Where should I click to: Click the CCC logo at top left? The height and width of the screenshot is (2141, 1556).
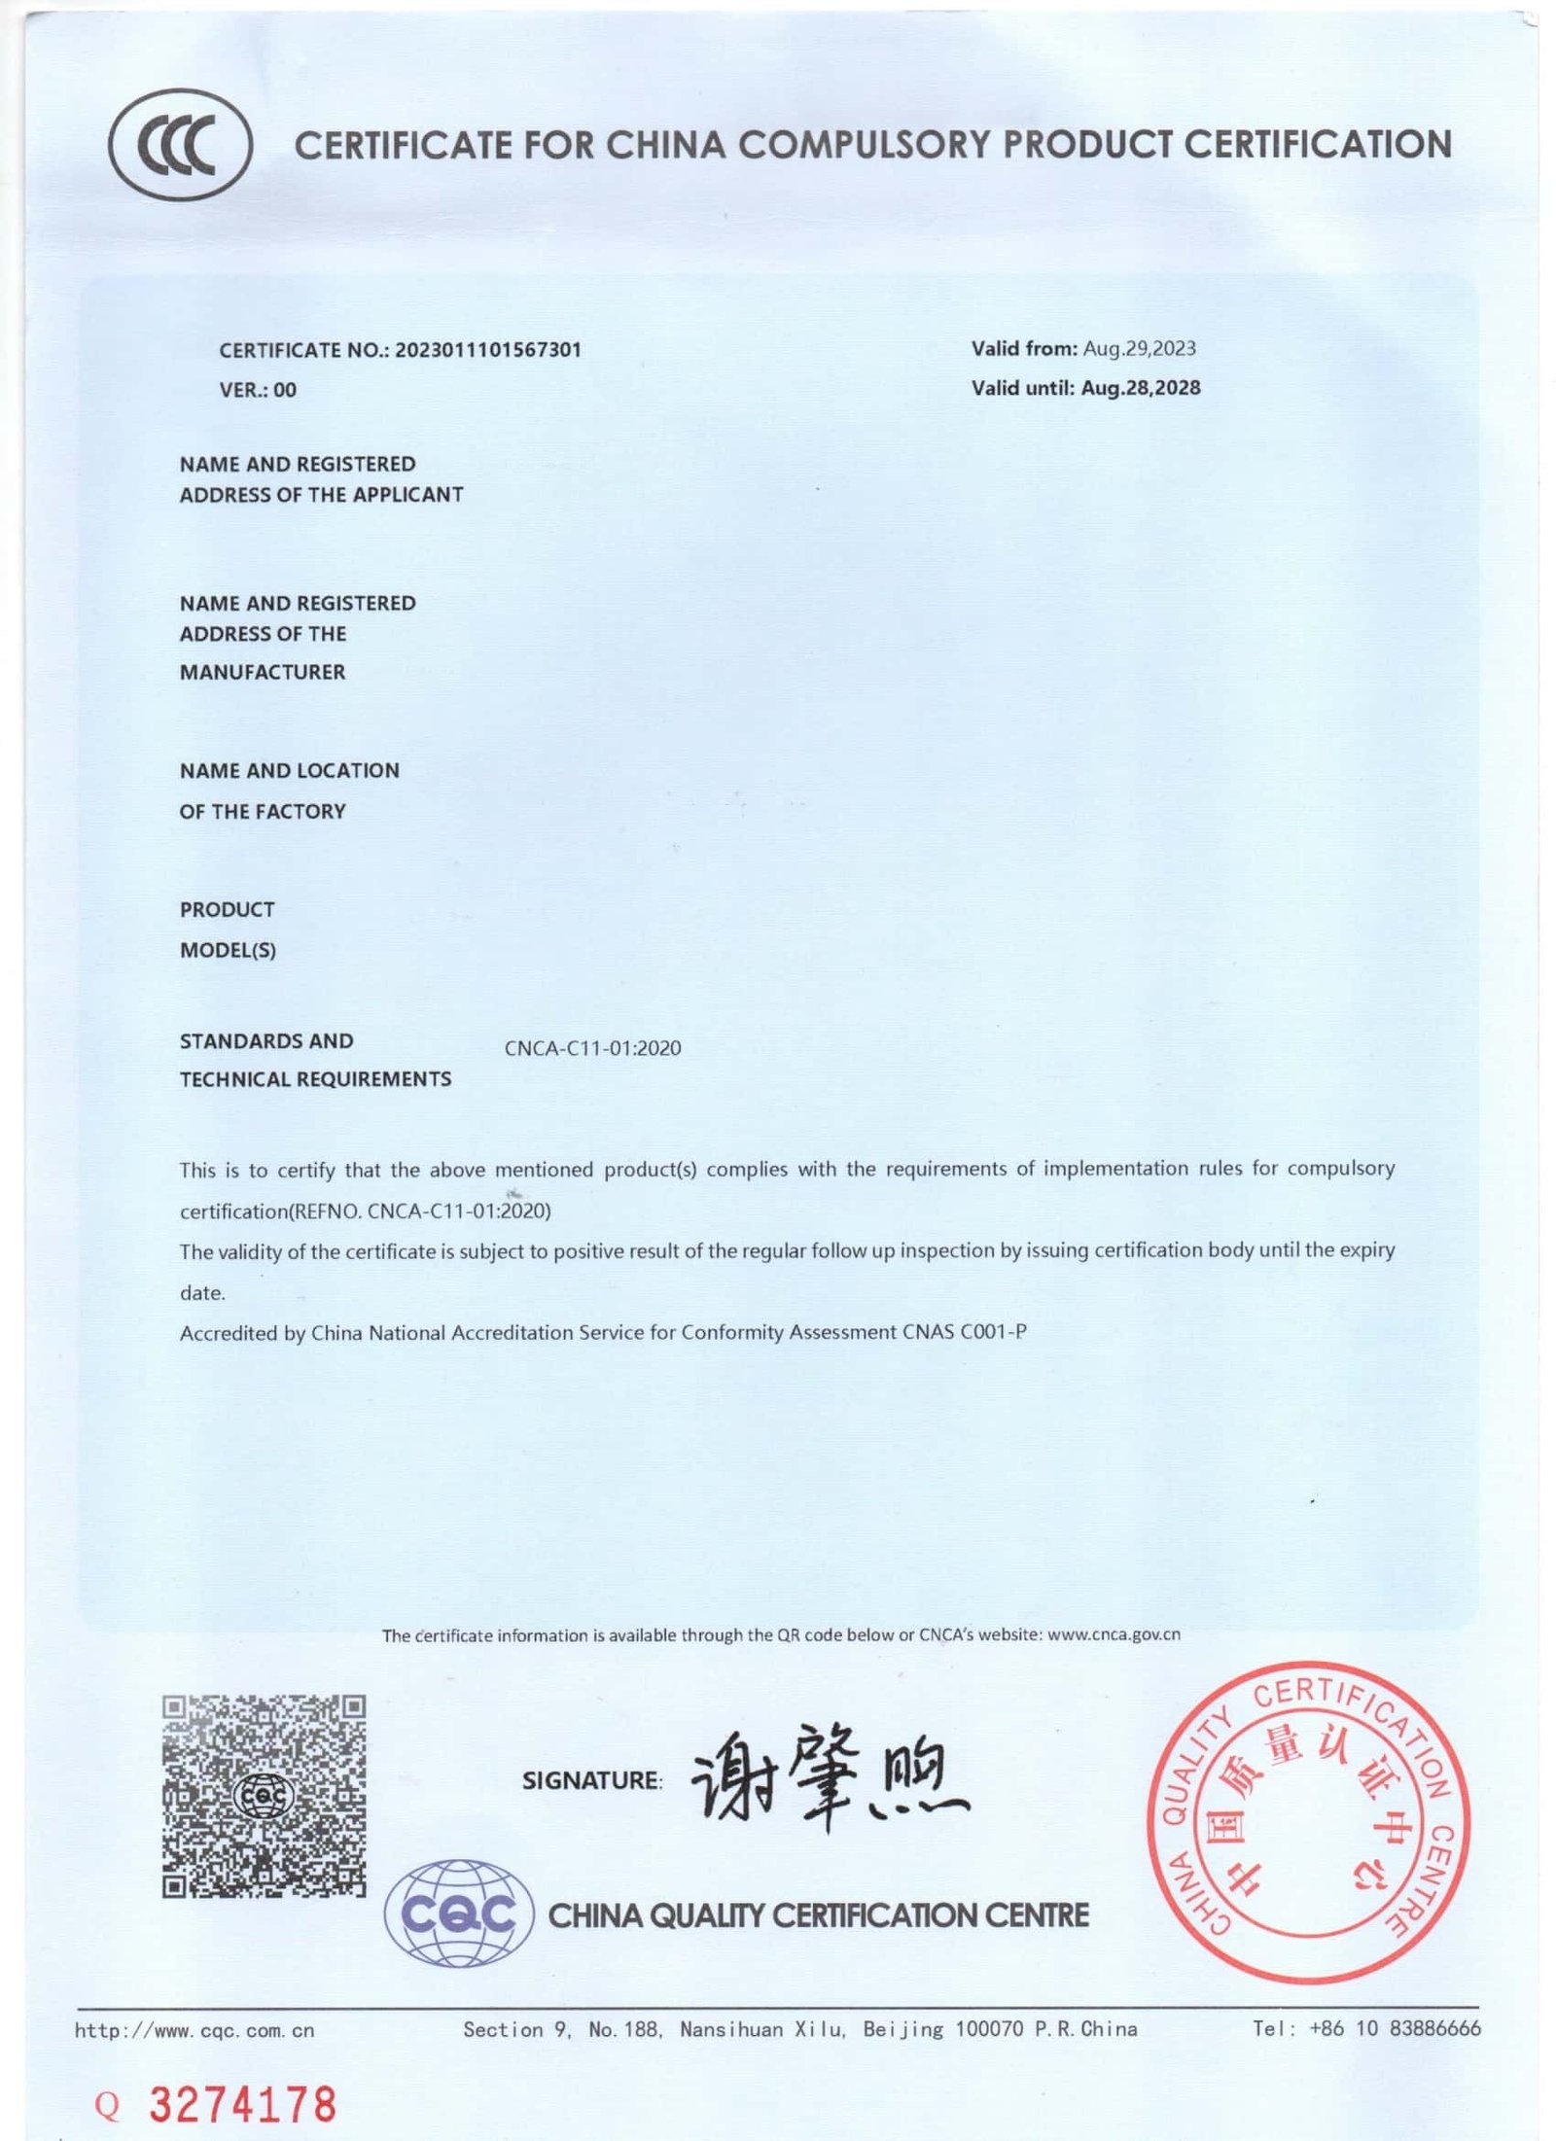tap(180, 143)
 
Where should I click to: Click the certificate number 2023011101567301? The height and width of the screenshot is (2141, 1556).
tap(487, 350)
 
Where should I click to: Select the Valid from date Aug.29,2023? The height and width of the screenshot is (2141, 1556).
tap(1139, 348)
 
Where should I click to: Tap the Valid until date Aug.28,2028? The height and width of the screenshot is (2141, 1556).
tap(1140, 388)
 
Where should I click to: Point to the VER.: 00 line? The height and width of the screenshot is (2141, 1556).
tap(258, 390)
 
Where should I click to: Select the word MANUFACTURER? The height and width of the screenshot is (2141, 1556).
tap(263, 672)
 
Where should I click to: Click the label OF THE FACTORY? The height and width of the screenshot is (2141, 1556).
tap(263, 811)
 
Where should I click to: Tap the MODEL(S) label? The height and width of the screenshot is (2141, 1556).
tap(228, 950)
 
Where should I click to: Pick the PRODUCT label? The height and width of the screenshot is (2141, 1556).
tap(227, 909)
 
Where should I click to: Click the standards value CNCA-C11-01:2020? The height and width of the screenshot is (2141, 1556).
tap(592, 1048)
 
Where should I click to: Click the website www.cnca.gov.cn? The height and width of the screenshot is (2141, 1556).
tap(1114, 1634)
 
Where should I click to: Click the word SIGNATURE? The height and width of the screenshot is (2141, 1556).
tap(591, 1780)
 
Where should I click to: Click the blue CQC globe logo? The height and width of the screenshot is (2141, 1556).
tap(459, 1913)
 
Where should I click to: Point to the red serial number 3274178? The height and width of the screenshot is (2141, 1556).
tap(241, 2105)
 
